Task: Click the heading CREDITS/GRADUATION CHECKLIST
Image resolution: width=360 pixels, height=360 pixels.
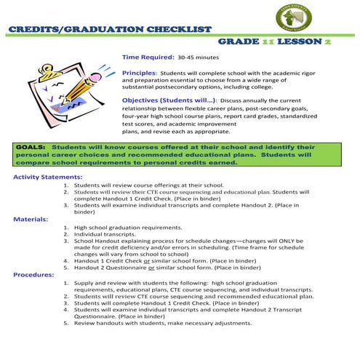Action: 110,30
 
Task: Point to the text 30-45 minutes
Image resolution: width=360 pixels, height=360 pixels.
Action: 199,56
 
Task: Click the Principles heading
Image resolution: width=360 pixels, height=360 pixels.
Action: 138,73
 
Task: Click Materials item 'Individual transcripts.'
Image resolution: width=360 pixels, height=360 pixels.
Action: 109,234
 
